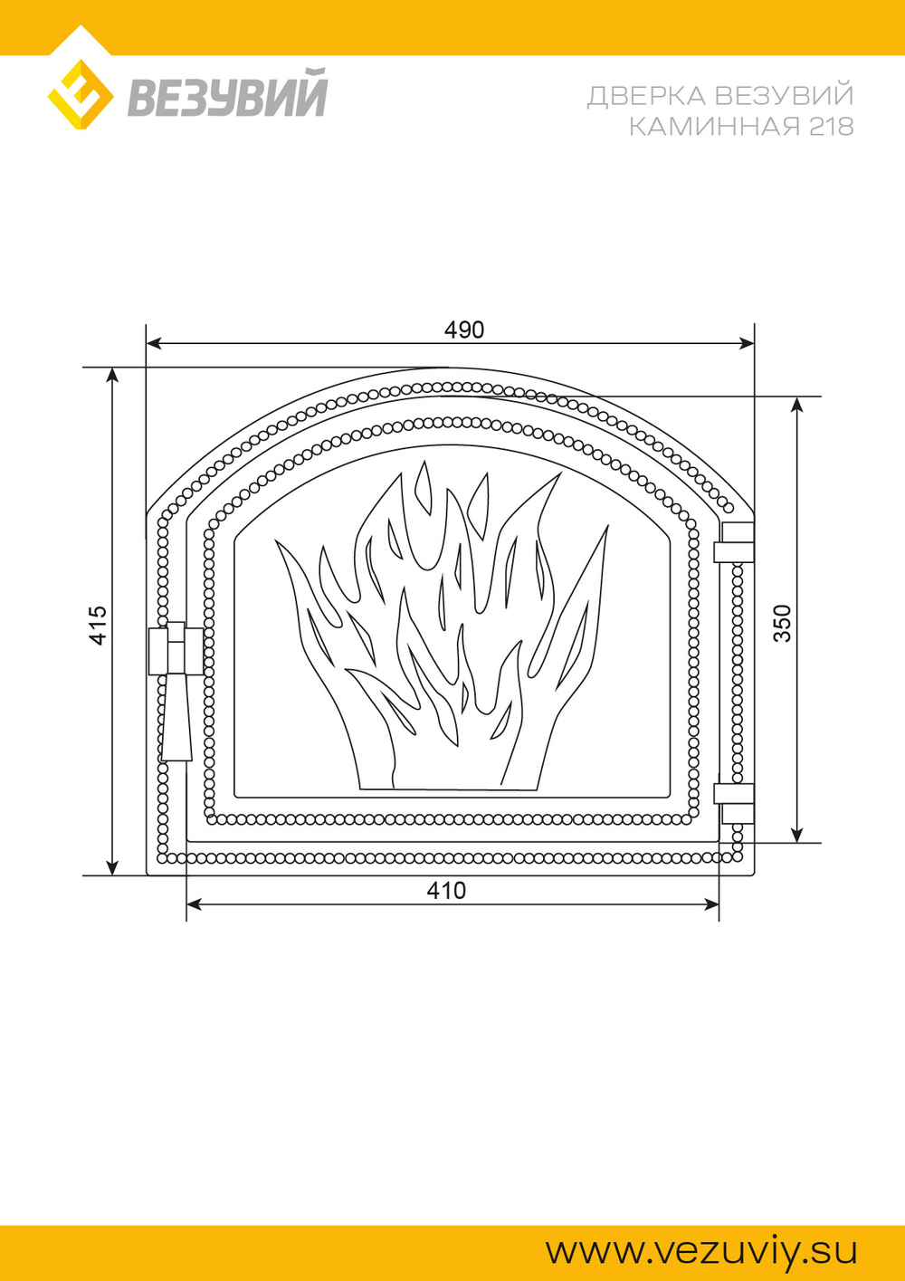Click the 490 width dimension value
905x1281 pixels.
464,330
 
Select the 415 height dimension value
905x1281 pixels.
99,626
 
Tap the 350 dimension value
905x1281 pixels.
782,624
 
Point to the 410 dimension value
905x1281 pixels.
446,891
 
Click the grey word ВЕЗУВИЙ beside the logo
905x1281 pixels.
227,92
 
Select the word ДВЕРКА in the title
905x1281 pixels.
648,95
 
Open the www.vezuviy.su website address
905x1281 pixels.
701,1235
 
